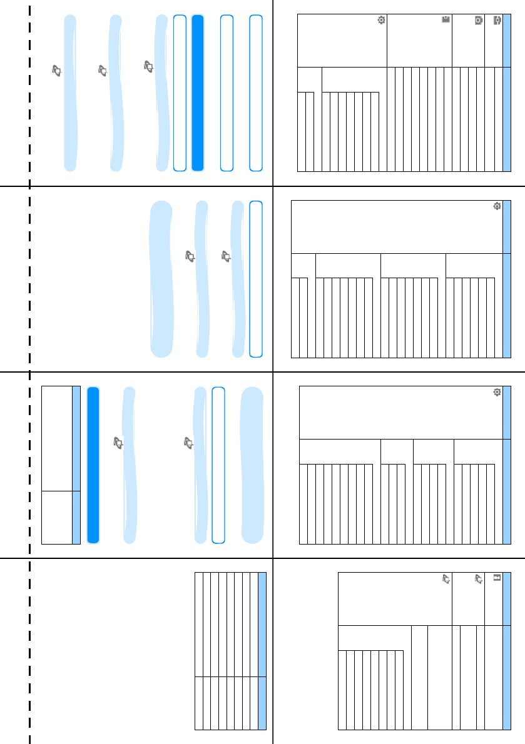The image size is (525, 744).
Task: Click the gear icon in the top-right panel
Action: pos(381,21)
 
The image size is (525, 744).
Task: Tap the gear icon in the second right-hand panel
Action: pos(497,206)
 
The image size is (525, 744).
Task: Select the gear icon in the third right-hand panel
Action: pos(497,392)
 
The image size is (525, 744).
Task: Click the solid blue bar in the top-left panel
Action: pos(198,93)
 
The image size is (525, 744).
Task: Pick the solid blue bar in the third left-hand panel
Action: pos(93,465)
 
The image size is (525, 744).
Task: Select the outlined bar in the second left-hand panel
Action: pos(255,279)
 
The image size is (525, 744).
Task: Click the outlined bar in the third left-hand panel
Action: pos(218,465)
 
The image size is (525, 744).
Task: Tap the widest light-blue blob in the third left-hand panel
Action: pos(253,465)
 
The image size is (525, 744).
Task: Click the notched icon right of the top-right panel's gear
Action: pos(446,21)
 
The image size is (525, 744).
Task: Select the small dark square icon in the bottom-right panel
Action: pos(497,578)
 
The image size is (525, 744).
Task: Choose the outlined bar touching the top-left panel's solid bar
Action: pos(180,93)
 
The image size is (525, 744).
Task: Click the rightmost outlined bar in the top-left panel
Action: pos(255,93)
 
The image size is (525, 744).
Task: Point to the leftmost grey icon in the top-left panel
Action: pos(57,72)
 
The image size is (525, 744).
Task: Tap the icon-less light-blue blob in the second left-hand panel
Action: pos(161,279)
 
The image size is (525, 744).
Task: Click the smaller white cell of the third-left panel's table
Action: pos(56,517)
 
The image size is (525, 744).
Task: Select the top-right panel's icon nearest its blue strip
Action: pos(497,21)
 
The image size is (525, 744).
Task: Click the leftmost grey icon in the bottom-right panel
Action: pos(446,579)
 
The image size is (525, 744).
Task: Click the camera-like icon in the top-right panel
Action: pos(478,21)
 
